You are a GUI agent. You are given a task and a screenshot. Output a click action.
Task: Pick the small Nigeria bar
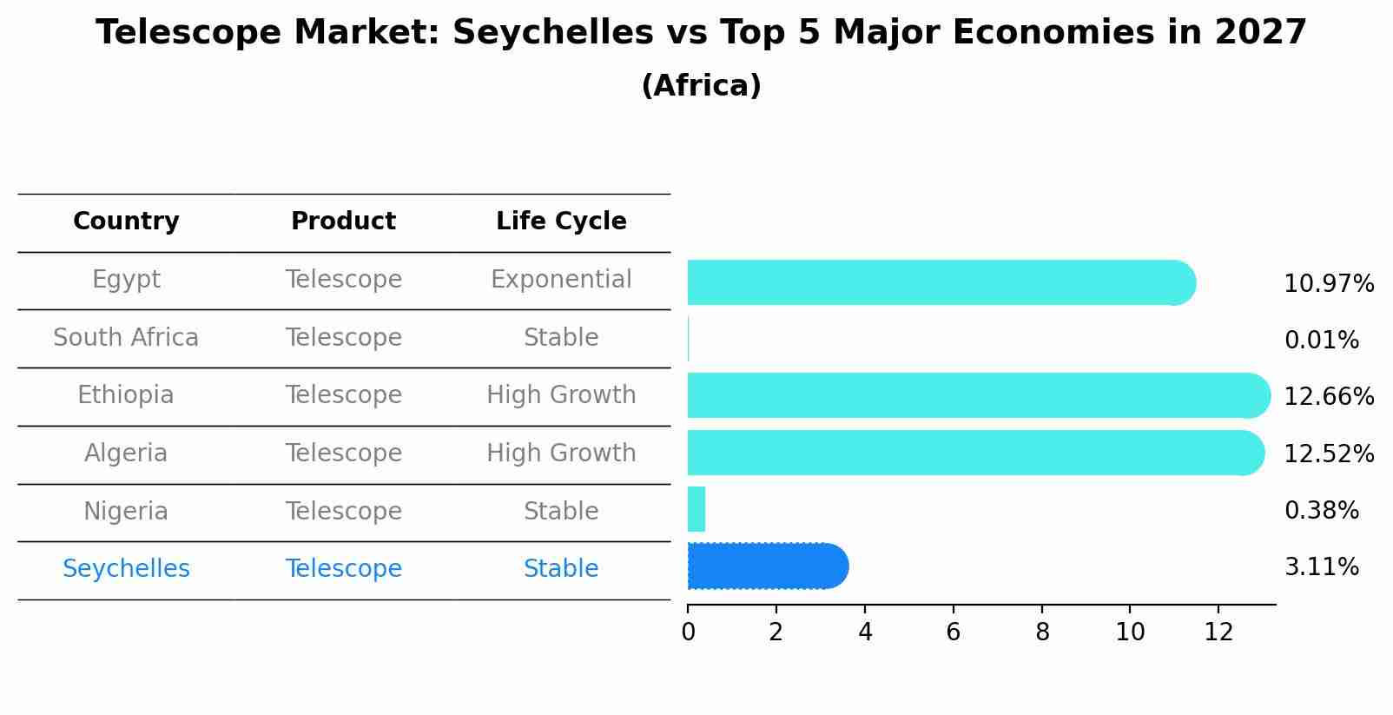[x=696, y=509]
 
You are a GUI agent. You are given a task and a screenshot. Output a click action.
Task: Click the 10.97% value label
[x=1328, y=284]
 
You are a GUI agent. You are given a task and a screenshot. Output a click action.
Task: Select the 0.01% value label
[x=1321, y=341]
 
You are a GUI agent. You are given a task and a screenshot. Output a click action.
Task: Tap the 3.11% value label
[x=1321, y=567]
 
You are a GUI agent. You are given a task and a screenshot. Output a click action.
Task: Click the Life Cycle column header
[x=561, y=222]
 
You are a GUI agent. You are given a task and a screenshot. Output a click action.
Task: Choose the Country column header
[x=126, y=222]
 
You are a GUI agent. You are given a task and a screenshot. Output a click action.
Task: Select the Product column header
[x=343, y=222]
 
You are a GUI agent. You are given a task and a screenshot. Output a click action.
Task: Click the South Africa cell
[x=126, y=337]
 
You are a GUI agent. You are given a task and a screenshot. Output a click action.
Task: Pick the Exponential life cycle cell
[x=561, y=280]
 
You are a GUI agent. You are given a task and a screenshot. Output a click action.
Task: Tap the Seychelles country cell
[x=126, y=569]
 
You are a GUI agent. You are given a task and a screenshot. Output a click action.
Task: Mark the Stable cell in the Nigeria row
[x=561, y=511]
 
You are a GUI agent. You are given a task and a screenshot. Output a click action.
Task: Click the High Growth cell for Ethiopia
[x=561, y=395]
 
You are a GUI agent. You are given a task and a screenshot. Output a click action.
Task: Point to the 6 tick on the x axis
[x=953, y=632]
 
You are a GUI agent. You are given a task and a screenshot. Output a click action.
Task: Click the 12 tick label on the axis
[x=1218, y=632]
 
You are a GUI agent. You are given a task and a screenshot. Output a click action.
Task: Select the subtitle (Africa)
[x=701, y=86]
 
